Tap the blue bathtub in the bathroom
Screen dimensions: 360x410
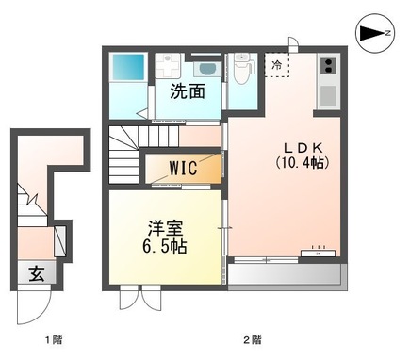pos(128,68)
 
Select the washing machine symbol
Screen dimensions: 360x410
pos(169,67)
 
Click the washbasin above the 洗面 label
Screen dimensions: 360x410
pos(205,69)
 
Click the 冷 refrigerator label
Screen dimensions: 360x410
pos(277,65)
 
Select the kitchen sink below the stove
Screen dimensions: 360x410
pos(329,94)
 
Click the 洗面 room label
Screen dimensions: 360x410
pos(188,91)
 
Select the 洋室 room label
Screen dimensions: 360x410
pos(163,227)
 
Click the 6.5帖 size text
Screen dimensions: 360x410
pos(163,247)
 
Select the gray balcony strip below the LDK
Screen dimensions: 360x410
pos(283,275)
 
